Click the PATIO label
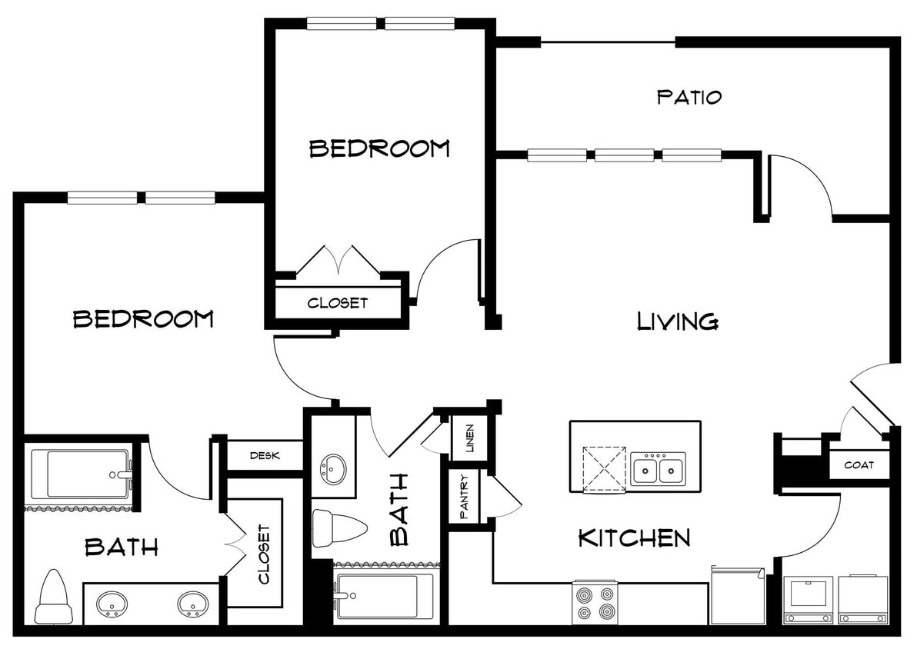tap(689, 98)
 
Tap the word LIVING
tap(678, 321)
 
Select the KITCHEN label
tap(634, 538)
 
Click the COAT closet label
tap(859, 465)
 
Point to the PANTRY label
tap(465, 496)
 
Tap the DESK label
tap(265, 455)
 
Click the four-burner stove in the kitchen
tap(595, 602)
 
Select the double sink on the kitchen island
tap(658, 468)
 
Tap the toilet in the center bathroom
tap(339, 528)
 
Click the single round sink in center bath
tap(333, 467)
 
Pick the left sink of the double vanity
tap(112, 604)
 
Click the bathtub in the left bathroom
tap(79, 474)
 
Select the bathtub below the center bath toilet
tap(383, 596)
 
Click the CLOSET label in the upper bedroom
tap(338, 303)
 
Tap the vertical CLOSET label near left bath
tap(263, 554)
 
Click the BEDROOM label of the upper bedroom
tap(379, 148)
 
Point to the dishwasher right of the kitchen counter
tap(737, 596)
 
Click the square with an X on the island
tap(604, 468)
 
